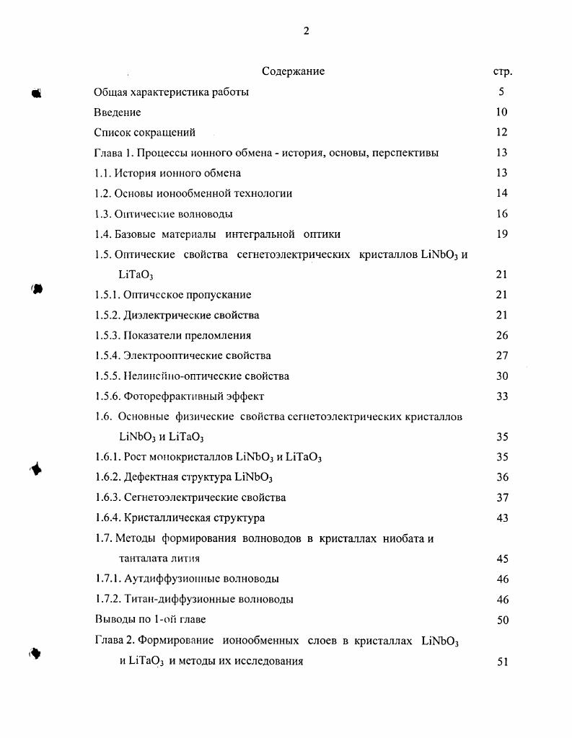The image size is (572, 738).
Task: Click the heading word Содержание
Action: coord(293,71)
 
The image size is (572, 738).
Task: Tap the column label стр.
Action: coord(502,72)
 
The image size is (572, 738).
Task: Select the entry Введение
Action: coord(118,112)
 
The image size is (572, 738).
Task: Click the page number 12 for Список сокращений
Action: coord(502,133)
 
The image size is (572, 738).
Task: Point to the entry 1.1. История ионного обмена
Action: coord(167,173)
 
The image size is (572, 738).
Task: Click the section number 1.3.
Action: coord(105,214)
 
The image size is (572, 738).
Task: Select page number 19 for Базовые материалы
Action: coord(502,234)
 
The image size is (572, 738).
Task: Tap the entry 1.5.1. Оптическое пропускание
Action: coord(173,295)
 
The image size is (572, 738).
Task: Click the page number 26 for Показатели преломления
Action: coord(502,336)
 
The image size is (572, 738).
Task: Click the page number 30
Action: coord(502,376)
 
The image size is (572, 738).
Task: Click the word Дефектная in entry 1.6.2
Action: coord(147,477)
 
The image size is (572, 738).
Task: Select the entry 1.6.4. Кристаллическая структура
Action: coord(180,518)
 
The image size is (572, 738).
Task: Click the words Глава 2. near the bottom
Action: coord(115,641)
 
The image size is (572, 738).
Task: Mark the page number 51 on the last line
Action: coord(503,662)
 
